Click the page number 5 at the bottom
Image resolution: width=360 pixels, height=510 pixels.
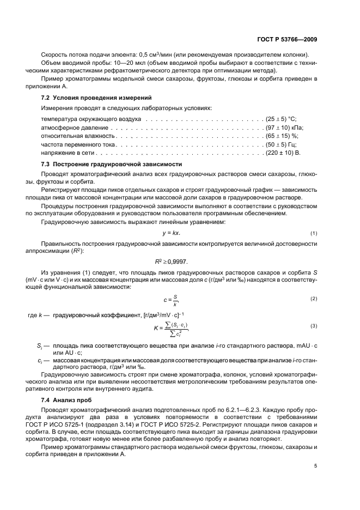tap(316, 465)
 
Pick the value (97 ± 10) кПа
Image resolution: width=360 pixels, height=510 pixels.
tap(284, 127)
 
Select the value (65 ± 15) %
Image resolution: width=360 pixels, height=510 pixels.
tap(283, 136)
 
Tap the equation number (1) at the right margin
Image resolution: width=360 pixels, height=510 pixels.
tap(314, 233)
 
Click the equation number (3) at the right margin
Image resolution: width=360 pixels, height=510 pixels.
tap(314, 326)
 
